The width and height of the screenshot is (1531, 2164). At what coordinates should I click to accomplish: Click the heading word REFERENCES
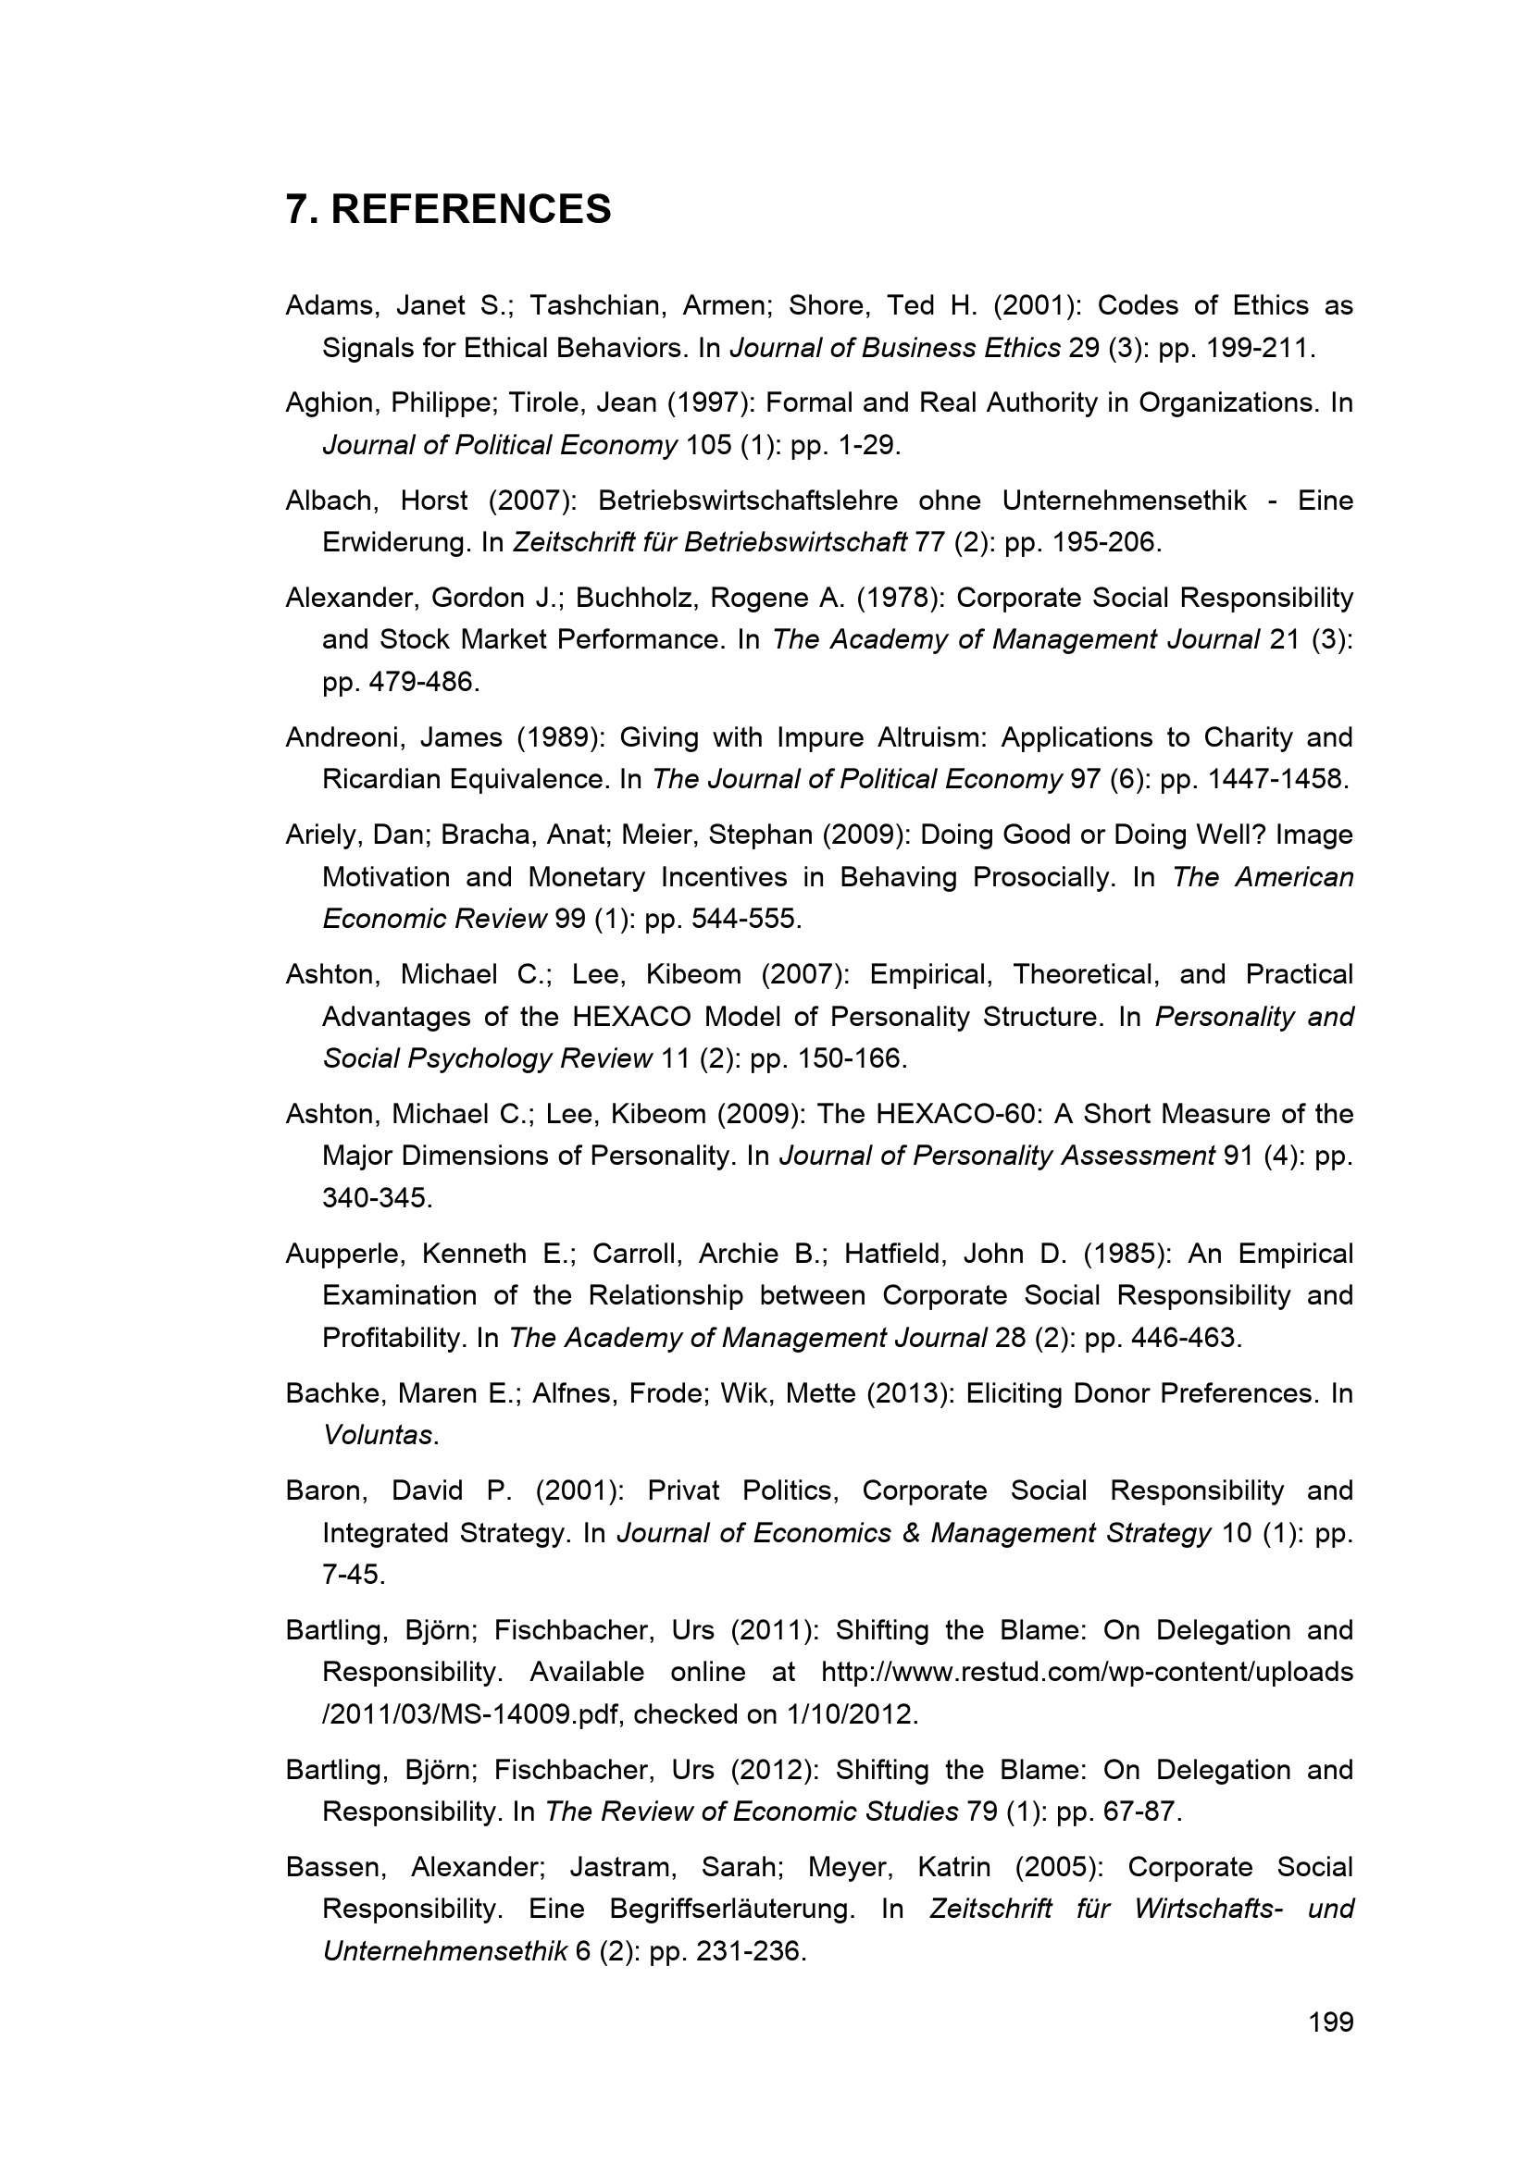pyautogui.click(x=470, y=209)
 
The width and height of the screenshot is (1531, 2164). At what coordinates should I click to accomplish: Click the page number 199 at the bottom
pyautogui.click(x=1330, y=2022)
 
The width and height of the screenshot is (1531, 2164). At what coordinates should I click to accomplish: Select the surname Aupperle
pyautogui.click(x=346, y=1254)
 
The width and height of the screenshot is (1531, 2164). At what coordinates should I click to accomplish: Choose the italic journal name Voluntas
pyautogui.click(x=378, y=1436)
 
